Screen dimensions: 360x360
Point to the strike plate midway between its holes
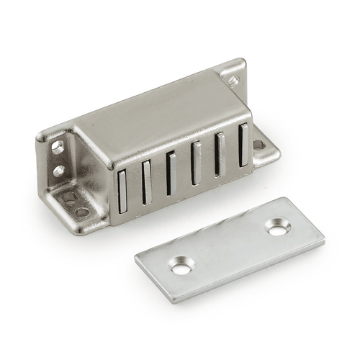(229, 248)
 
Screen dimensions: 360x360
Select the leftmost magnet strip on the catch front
(122, 195)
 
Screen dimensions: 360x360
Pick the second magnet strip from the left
(147, 185)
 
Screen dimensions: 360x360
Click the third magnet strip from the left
(171, 174)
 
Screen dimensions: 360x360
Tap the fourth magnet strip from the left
(196, 163)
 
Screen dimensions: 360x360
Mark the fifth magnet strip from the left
(220, 154)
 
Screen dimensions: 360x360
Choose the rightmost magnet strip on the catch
(244, 143)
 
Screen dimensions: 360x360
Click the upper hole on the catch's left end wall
(58, 147)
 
